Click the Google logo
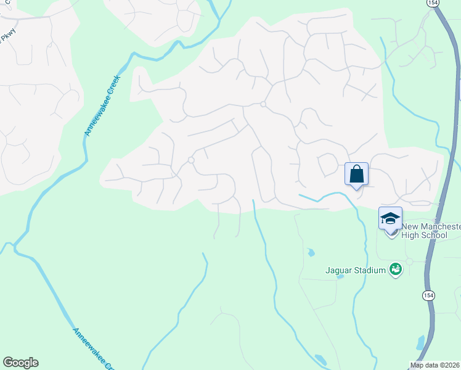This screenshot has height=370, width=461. (20, 363)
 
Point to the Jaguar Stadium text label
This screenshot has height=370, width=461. (356, 269)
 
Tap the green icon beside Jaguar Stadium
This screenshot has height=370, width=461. (396, 269)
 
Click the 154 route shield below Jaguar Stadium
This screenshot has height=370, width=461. (428, 295)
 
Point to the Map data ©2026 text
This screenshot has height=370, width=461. (434, 365)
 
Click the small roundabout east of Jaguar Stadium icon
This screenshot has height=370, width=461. (409, 261)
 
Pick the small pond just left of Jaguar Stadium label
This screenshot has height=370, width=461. (311, 252)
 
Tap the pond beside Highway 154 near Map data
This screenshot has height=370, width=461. (420, 342)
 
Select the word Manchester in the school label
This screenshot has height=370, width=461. (441, 227)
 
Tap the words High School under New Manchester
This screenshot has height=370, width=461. (425, 235)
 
